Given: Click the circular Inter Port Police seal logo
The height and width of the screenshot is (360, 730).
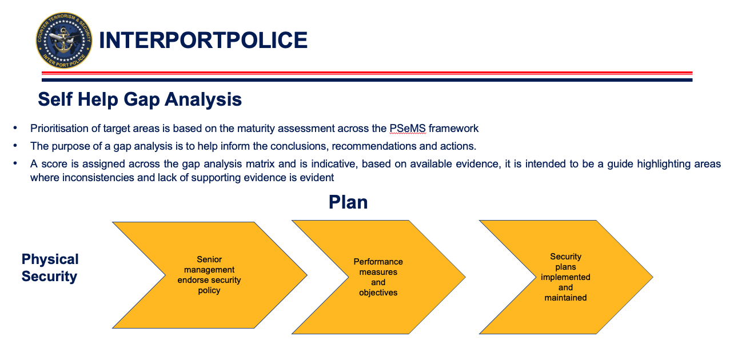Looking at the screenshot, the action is click(64, 41).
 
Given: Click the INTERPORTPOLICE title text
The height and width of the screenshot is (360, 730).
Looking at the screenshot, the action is click(204, 41).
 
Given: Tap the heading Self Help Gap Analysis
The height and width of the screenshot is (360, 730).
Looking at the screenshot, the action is click(140, 99).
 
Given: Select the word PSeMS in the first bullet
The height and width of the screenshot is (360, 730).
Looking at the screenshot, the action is click(408, 129).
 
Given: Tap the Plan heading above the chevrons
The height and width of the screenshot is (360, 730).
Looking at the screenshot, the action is click(348, 202).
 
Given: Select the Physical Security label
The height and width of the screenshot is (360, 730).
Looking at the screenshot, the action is click(50, 267).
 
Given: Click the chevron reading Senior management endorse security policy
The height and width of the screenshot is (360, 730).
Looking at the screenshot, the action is click(210, 275).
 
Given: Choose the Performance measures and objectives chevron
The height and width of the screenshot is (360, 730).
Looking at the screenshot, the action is click(378, 277).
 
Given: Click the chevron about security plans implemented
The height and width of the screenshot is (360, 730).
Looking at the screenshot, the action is click(566, 277).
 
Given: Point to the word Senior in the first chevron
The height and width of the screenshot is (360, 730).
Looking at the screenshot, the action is click(209, 259).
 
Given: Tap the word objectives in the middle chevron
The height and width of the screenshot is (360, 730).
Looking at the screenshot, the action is click(378, 293).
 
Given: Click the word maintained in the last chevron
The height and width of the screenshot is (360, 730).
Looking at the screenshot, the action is click(565, 298).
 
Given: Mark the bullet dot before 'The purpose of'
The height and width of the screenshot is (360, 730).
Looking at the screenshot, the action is click(15, 146).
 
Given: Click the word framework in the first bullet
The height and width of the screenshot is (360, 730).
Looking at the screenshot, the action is click(454, 129).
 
